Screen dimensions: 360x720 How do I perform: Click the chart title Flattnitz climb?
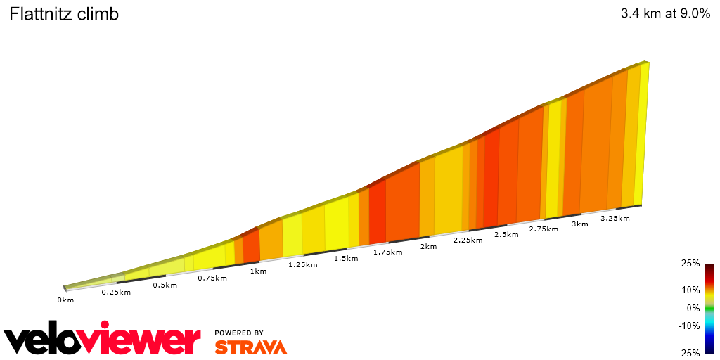pyautogui.click(x=63, y=14)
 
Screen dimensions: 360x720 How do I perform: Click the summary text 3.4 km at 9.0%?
pyautogui.click(x=665, y=14)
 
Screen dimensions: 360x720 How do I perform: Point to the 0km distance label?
pyautogui.click(x=65, y=300)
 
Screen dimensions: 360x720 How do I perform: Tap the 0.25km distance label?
pyautogui.click(x=116, y=292)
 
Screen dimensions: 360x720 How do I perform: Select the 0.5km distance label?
pyautogui.click(x=165, y=285)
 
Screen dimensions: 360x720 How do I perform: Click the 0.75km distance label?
pyautogui.click(x=212, y=278)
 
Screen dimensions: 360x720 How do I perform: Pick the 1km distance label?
pyautogui.click(x=258, y=271)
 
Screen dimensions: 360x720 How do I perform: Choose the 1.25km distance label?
pyautogui.click(x=303, y=264)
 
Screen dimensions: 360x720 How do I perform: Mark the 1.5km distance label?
pyautogui.click(x=346, y=258)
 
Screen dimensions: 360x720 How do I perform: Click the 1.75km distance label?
pyautogui.click(x=388, y=252)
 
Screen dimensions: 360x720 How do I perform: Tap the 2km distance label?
pyautogui.click(x=428, y=246)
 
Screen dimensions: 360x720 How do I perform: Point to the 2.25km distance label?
pyautogui.click(x=468, y=240)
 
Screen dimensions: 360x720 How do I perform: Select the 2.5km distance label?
pyautogui.click(x=506, y=234)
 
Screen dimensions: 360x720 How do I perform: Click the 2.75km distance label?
pyautogui.click(x=544, y=229)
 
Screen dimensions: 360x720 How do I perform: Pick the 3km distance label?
pyautogui.click(x=580, y=224)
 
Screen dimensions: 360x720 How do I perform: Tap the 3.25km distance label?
pyautogui.click(x=615, y=218)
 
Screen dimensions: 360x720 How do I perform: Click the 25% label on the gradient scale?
pyautogui.click(x=690, y=264)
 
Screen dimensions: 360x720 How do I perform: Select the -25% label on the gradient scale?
pyautogui.click(x=689, y=353)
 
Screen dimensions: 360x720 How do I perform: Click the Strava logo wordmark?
pyautogui.click(x=251, y=347)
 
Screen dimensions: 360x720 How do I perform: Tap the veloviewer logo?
pyautogui.click(x=103, y=340)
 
